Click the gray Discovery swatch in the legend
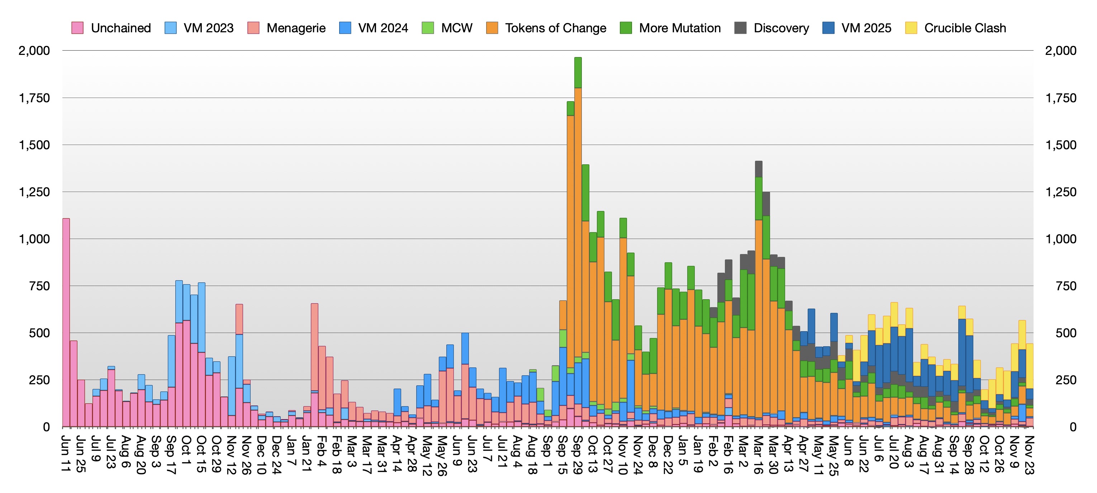[741, 28]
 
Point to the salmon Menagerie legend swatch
[253, 28]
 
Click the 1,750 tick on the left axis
[34, 98]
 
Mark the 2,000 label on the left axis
[34, 51]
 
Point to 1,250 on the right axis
[1061, 192]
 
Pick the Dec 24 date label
[277, 454]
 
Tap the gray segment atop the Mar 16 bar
[759, 169]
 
